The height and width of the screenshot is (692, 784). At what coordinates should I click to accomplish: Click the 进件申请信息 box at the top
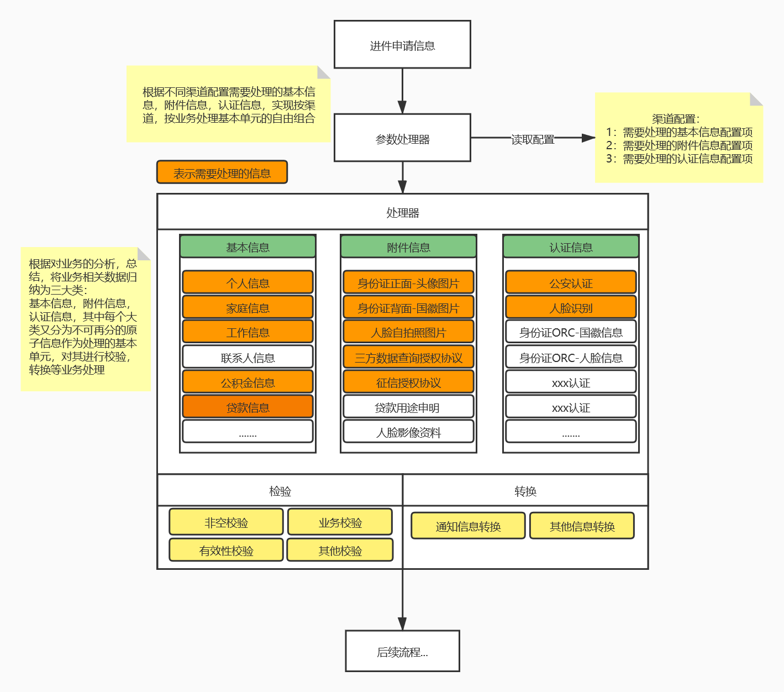click(x=402, y=45)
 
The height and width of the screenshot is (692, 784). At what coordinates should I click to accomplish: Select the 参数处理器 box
click(x=402, y=138)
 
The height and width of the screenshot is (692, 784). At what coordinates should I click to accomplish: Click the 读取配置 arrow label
click(x=533, y=139)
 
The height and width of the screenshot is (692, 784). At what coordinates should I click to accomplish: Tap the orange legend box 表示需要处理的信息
click(x=222, y=172)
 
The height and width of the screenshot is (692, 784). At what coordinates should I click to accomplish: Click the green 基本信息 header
click(x=248, y=247)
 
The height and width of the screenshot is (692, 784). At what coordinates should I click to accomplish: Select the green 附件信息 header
click(x=408, y=247)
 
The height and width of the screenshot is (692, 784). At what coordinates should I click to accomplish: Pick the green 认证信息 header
click(x=571, y=247)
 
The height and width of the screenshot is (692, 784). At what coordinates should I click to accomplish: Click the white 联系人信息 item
click(x=248, y=357)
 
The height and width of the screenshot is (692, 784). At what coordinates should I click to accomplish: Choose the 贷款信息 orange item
click(x=248, y=407)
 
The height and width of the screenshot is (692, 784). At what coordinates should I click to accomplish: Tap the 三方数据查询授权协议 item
click(x=408, y=357)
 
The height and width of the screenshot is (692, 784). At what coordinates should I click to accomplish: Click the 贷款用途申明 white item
click(x=408, y=407)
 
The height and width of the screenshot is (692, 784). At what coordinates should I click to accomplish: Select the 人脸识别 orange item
click(x=571, y=307)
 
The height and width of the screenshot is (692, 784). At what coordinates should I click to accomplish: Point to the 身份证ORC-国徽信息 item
click(x=571, y=332)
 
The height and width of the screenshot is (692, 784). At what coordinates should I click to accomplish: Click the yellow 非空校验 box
click(x=226, y=522)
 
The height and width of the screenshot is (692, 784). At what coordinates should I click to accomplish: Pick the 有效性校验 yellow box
click(x=226, y=550)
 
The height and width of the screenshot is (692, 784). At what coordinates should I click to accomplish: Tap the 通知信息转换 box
click(x=468, y=526)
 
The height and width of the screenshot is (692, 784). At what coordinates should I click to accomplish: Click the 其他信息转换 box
click(x=582, y=526)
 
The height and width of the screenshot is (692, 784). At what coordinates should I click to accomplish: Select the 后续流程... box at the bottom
click(x=402, y=651)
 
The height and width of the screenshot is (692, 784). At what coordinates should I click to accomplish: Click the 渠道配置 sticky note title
click(x=675, y=118)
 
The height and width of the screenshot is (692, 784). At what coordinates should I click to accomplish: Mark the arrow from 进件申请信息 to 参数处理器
click(x=402, y=91)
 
